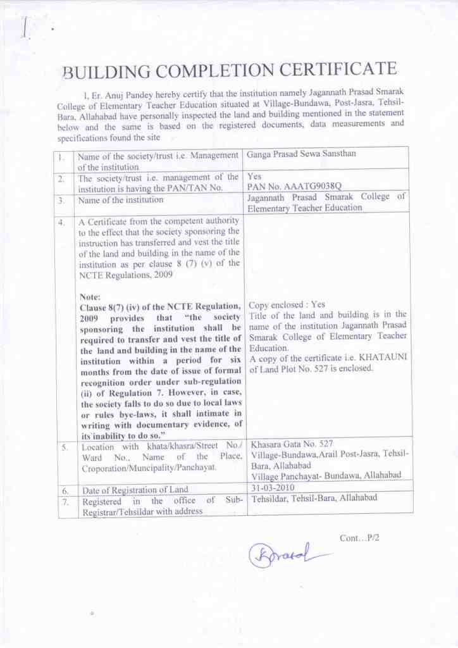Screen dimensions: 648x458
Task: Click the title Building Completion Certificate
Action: [x=229, y=72]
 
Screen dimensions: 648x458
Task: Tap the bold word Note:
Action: [x=90, y=296]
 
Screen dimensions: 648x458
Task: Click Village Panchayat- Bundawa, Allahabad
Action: [x=326, y=476]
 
